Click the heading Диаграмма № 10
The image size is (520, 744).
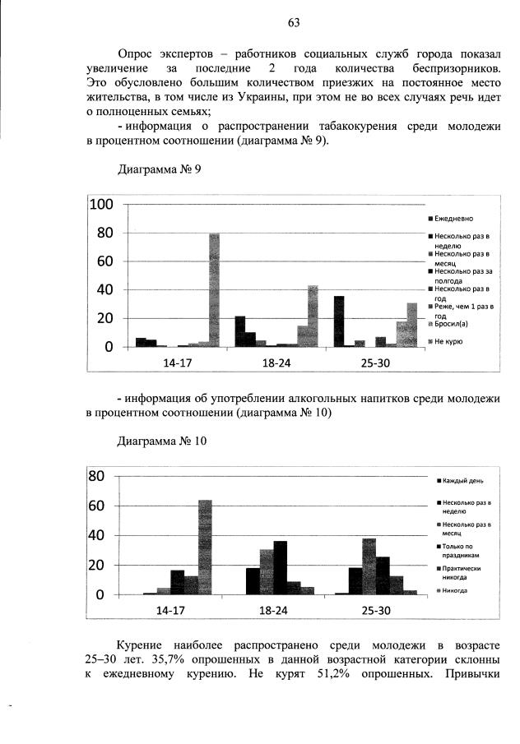(162, 441)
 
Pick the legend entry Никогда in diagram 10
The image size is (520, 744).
(457, 589)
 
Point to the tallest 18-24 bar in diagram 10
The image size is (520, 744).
(281, 567)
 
